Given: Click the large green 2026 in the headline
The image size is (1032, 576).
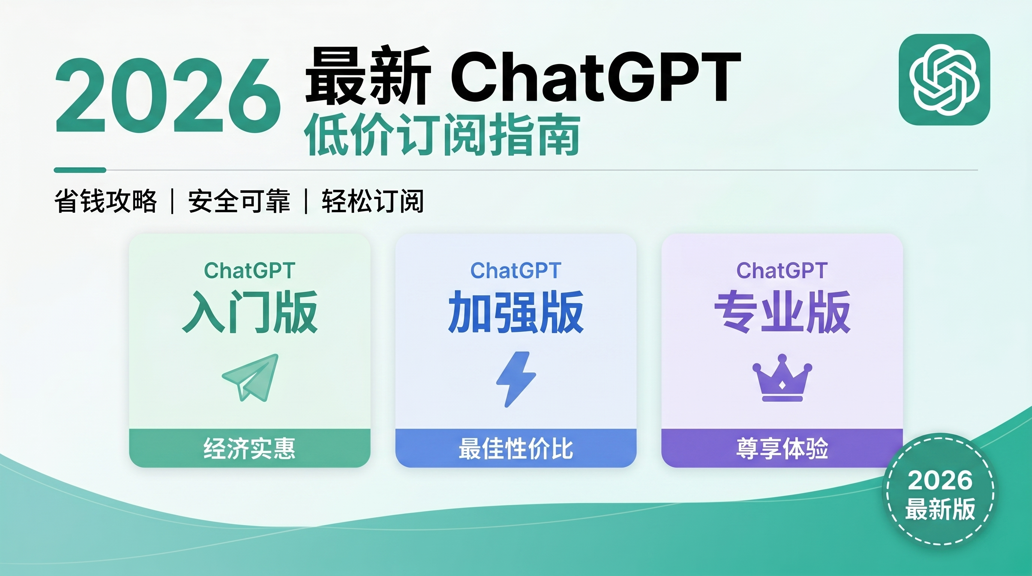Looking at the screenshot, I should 168,96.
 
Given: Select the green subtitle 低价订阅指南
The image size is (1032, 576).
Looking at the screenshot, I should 442,135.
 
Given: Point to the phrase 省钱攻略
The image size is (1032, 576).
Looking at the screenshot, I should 105,201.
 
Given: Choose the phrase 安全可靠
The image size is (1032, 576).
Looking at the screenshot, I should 239,201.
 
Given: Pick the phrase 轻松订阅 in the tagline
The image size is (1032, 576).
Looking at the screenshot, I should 373,201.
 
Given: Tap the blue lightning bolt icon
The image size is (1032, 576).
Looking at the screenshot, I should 516,379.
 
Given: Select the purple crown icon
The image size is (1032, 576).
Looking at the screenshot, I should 782,378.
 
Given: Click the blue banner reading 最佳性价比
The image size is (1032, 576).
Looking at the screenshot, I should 516,448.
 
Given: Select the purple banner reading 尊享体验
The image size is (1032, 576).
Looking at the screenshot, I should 782,448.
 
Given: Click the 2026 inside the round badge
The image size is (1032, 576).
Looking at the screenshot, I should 940,481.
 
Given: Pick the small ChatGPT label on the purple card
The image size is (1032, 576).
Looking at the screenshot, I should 782,271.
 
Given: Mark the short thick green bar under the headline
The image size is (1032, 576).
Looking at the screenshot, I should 80,170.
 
